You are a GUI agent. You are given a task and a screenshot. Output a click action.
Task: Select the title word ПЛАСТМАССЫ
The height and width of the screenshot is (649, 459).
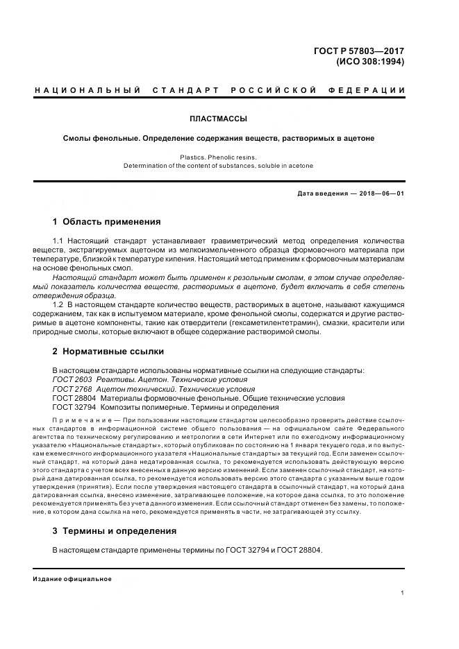[x=219, y=119]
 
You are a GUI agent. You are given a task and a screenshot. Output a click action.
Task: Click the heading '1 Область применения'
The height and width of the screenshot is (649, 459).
[x=106, y=222]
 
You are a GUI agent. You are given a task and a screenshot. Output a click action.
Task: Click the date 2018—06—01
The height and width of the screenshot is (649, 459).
[x=380, y=193]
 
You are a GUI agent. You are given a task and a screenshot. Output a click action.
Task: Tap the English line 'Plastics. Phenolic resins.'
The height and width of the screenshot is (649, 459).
[x=218, y=157]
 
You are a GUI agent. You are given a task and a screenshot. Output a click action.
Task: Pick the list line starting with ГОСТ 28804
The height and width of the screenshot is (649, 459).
[x=198, y=399]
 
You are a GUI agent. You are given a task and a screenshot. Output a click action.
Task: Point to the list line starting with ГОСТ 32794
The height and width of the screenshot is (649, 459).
[x=170, y=408]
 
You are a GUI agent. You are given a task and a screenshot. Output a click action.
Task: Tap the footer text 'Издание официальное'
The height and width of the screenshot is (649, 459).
[x=72, y=578]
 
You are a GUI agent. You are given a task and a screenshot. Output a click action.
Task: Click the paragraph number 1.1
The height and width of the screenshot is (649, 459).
[x=58, y=241]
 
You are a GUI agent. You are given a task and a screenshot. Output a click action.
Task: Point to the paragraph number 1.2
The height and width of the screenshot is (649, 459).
[x=58, y=304]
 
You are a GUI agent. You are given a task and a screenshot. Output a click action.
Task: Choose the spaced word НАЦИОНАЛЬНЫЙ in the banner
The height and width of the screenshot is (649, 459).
[x=88, y=91]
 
